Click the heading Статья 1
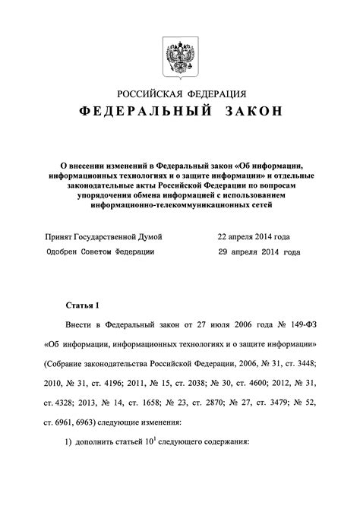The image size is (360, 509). click(x=84, y=305)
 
